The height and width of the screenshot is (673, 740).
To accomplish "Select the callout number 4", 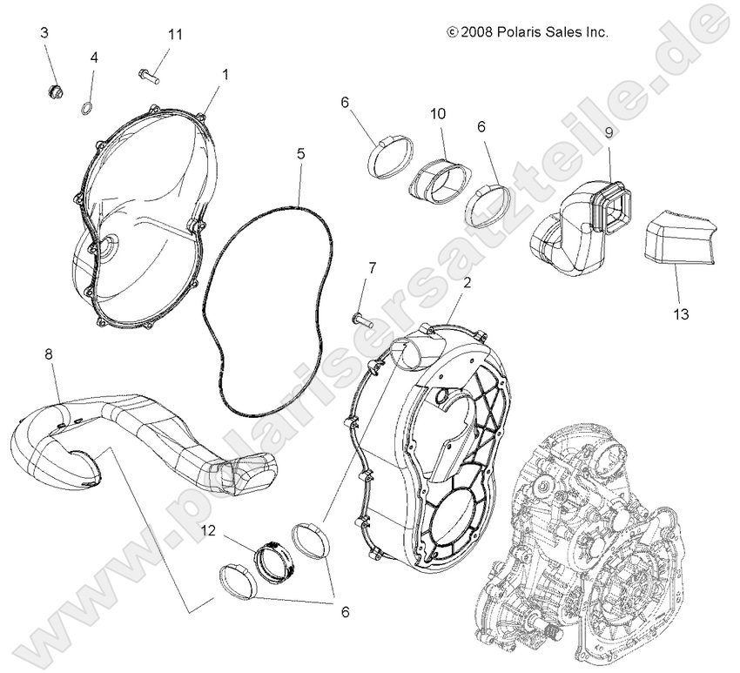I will tap(94, 57).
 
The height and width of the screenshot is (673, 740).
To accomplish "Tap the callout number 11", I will tap(175, 34).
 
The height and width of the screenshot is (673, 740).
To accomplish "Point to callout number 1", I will tap(225, 75).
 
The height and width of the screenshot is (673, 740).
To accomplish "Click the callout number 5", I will tap(300, 153).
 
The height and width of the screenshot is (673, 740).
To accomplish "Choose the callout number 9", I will tap(609, 133).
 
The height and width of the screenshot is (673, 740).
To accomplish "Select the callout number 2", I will tap(467, 282).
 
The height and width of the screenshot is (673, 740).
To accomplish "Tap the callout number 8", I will tap(47, 353).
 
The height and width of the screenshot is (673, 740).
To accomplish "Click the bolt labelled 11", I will tap(152, 73).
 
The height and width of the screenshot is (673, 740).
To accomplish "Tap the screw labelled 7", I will tap(360, 318).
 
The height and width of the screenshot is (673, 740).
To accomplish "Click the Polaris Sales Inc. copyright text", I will tap(528, 31).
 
